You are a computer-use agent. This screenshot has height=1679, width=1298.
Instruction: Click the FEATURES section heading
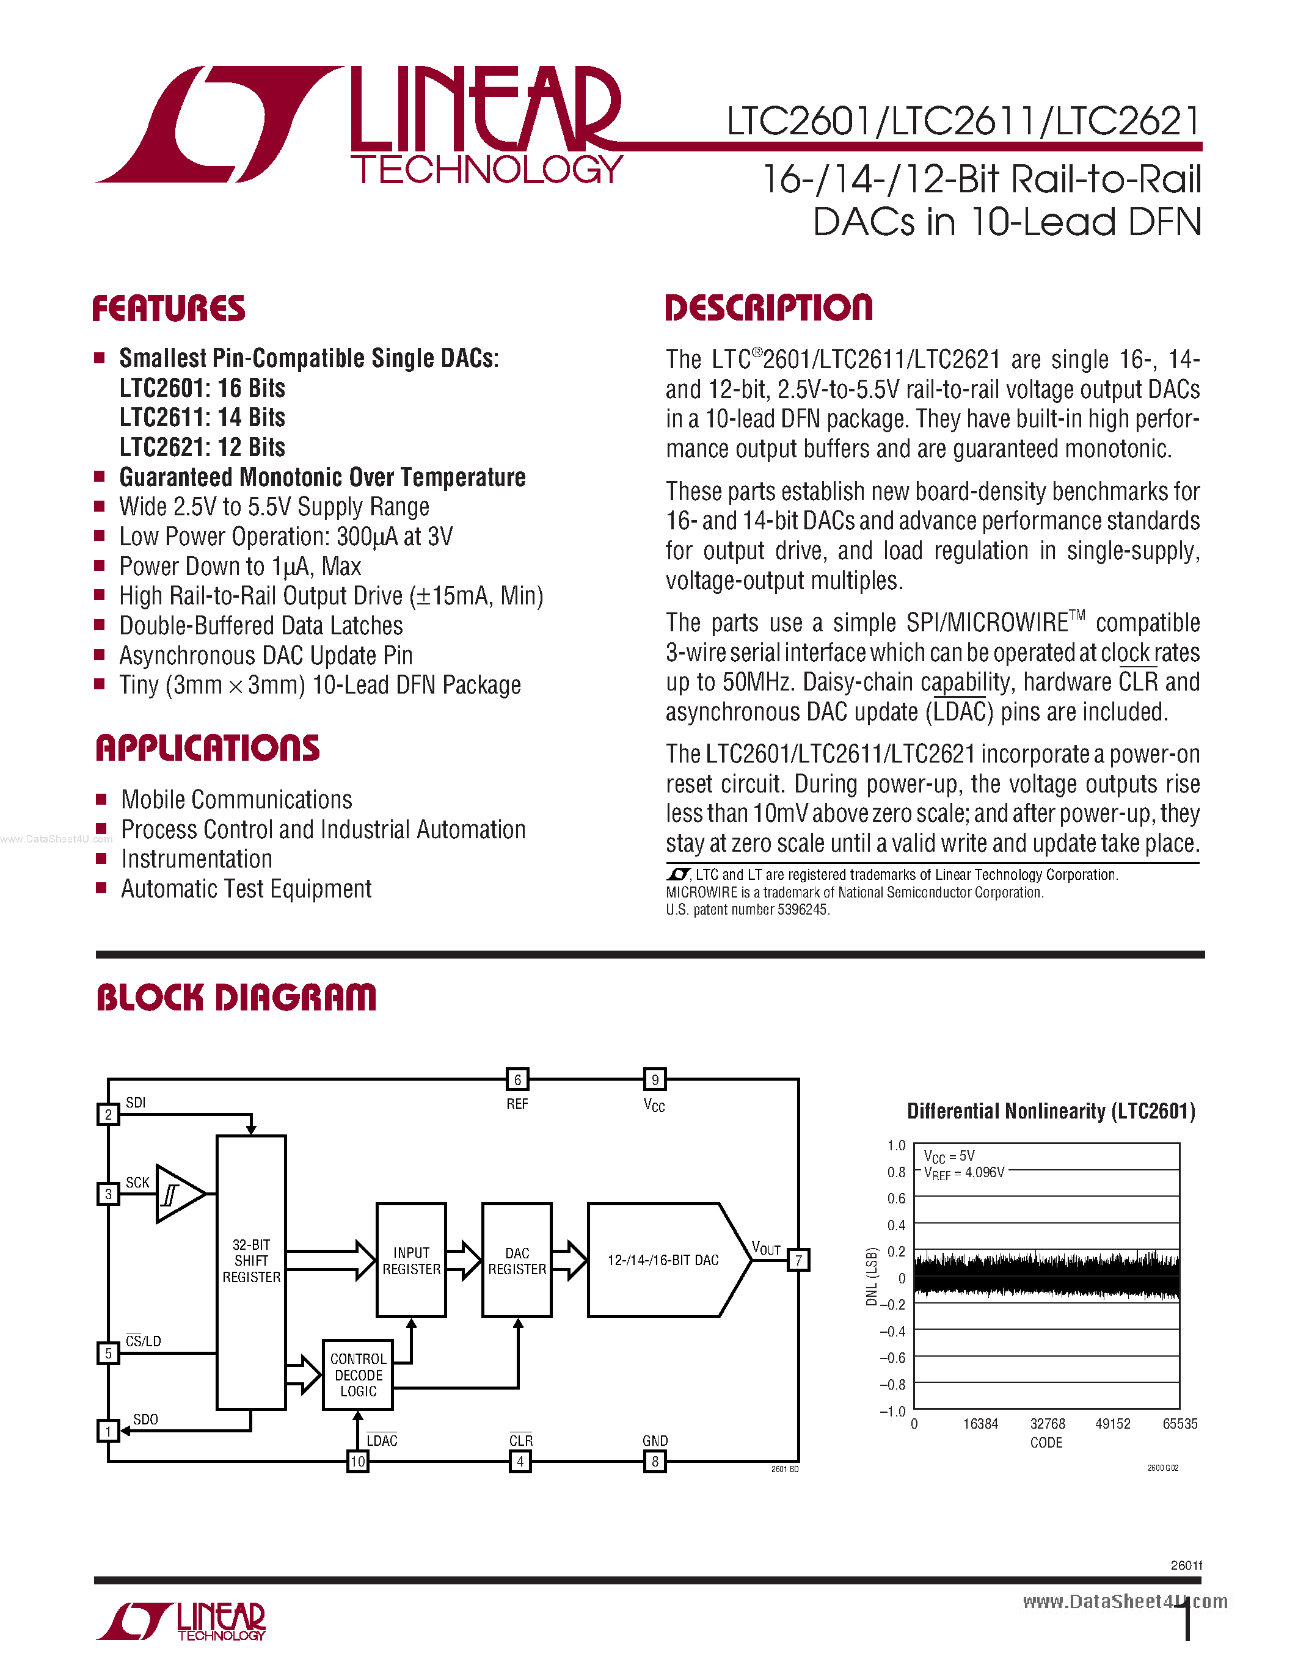(169, 308)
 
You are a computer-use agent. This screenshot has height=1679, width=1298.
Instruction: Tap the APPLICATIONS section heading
(208, 748)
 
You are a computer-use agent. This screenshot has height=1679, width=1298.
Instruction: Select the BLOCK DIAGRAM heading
(236, 997)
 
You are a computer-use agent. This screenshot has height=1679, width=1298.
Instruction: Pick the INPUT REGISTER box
(412, 1261)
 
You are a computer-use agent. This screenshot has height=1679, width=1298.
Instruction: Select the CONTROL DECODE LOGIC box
(359, 1374)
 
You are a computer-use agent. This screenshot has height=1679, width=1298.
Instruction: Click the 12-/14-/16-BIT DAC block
(663, 1260)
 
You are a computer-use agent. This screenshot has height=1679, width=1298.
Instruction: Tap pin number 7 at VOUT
(799, 1260)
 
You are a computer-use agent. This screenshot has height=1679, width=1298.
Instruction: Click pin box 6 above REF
(517, 1079)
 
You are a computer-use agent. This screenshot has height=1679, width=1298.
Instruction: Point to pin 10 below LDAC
(357, 1462)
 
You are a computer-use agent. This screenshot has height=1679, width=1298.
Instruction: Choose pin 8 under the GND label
(655, 1462)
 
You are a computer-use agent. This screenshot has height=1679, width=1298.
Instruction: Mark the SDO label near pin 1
(145, 1419)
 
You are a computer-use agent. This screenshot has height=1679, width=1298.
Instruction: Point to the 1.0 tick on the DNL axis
(897, 1145)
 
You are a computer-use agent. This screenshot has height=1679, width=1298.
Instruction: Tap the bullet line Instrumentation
(197, 858)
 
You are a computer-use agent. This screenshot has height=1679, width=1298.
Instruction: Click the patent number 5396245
(802, 910)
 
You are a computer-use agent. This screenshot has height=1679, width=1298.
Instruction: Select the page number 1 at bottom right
(1188, 1622)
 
